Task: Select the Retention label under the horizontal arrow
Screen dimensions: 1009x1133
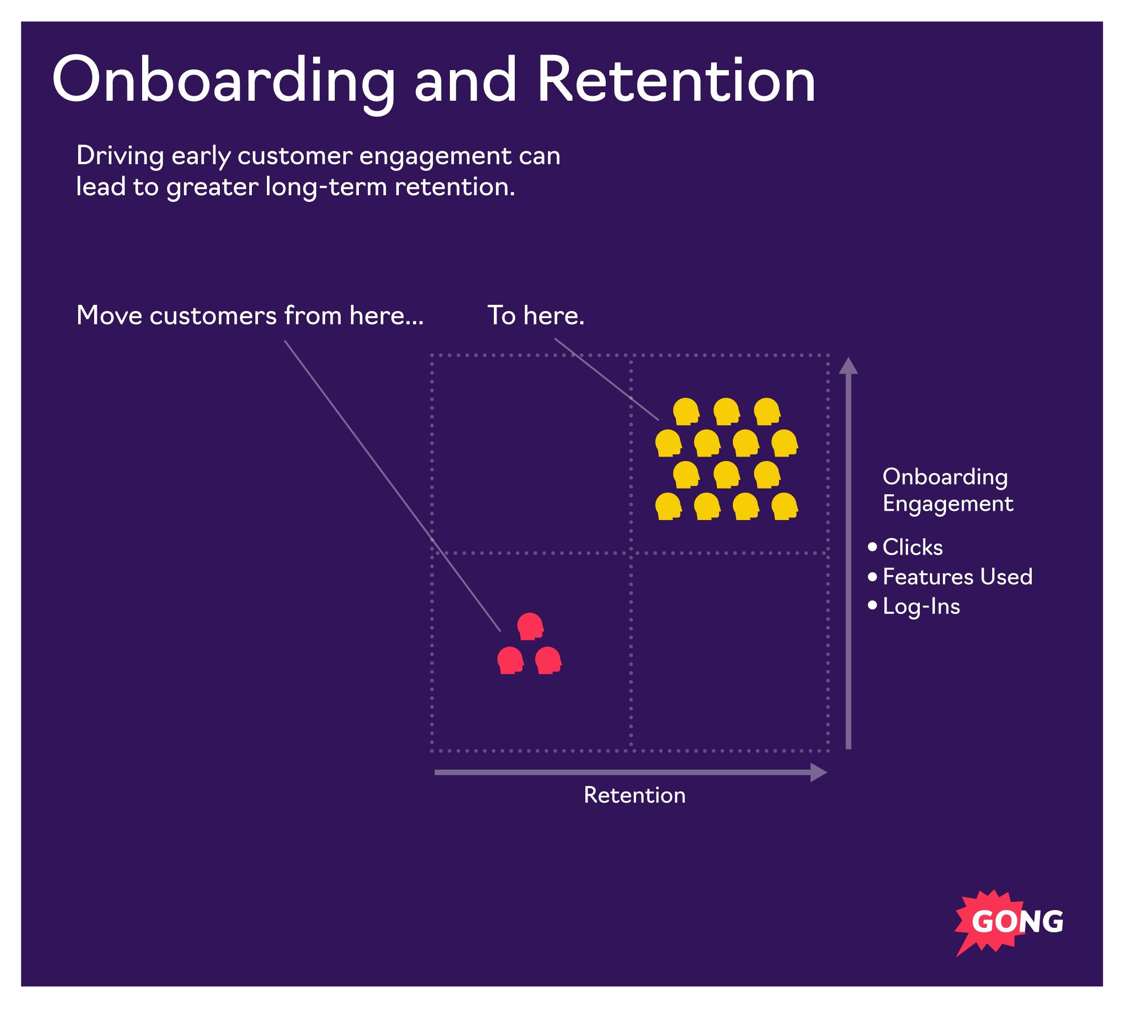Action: (634, 796)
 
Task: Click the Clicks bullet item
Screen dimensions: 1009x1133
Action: (912, 548)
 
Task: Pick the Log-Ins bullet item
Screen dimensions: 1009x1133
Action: (921, 607)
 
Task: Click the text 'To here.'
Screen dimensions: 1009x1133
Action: (536, 316)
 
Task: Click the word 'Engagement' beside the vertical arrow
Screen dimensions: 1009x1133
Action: (948, 504)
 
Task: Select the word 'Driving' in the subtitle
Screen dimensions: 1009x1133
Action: (120, 156)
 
